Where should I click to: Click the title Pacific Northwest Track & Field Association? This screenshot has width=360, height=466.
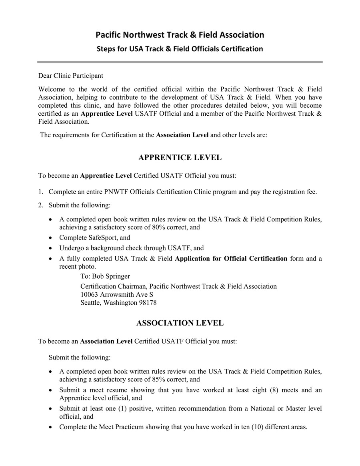coord(180,35)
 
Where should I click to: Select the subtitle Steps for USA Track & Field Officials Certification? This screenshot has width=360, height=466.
coord(180,49)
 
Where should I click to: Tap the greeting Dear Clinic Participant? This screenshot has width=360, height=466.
coord(70,76)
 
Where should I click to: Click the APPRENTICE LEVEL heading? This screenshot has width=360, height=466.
coord(180,158)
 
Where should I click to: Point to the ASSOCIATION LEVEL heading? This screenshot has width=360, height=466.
coord(180,323)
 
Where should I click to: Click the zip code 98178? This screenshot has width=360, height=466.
coord(147,303)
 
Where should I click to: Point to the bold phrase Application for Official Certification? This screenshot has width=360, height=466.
coord(231,258)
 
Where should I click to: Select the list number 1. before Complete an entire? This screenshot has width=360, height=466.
coord(41,192)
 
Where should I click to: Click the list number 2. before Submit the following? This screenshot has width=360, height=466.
coord(41,205)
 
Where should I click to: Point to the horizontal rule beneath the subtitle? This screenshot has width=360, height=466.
coord(180,62)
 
